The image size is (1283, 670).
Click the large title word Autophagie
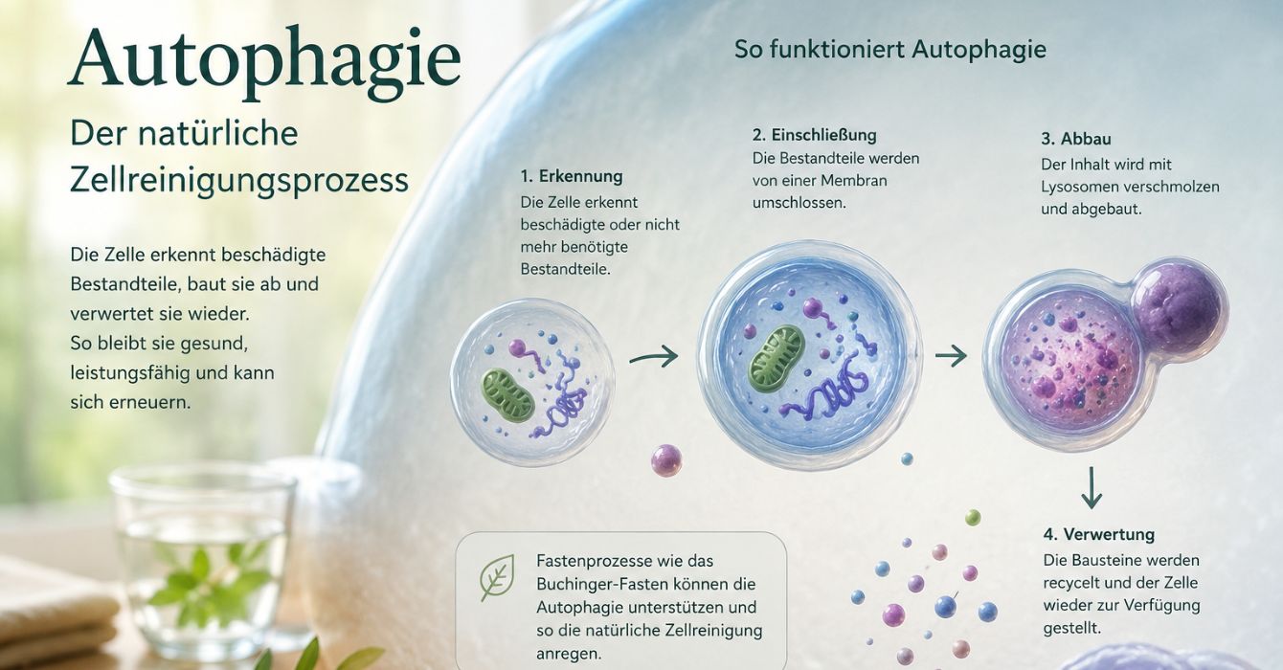pyautogui.click(x=264, y=61)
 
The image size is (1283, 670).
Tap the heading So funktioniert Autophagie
pyautogui.click(x=890, y=49)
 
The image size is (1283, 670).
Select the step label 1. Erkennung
pyautogui.click(x=572, y=176)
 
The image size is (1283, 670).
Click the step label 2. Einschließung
pyautogui.click(x=815, y=135)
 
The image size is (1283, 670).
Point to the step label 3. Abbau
pyautogui.click(x=1075, y=139)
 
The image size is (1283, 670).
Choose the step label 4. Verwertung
pyautogui.click(x=1098, y=534)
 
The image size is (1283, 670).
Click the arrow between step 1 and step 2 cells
pyautogui.click(x=654, y=356)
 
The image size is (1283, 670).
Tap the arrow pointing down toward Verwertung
pyautogui.click(x=1092, y=488)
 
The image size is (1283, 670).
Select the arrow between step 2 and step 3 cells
pyautogui.click(x=951, y=356)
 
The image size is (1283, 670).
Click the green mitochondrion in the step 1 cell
pyautogui.click(x=507, y=395)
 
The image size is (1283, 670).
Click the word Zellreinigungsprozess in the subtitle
pyautogui.click(x=238, y=180)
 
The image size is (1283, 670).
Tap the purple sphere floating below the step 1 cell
pyautogui.click(x=666, y=459)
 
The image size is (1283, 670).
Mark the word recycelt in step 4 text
pyautogui.click(x=1070, y=583)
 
